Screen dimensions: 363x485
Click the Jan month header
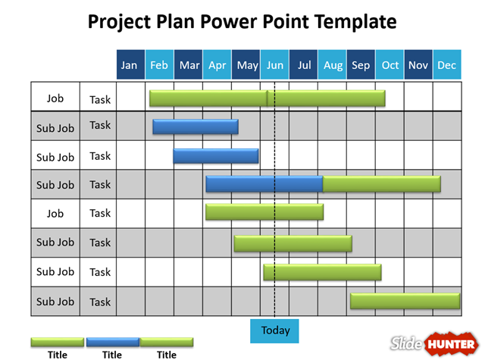point(130,65)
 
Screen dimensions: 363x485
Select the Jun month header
point(275,65)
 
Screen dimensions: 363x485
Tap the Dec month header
point(446,65)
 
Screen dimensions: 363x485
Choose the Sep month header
point(361,65)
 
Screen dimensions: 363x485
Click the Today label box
point(275,330)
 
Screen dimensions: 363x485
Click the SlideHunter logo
point(434,344)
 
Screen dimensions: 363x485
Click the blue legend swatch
point(112,342)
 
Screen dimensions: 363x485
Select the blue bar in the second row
point(196,127)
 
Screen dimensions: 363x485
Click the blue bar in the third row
point(216,156)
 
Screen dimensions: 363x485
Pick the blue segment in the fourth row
point(264,184)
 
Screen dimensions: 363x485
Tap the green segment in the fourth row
point(382,184)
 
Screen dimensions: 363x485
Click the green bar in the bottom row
point(405,301)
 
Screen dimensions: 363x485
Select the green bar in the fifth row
point(264,212)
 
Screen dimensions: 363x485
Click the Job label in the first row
point(55,99)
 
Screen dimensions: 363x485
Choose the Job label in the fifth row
point(55,214)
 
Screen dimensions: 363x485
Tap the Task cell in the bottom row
point(100,302)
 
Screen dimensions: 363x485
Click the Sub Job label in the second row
point(55,128)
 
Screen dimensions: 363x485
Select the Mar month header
point(189,65)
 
